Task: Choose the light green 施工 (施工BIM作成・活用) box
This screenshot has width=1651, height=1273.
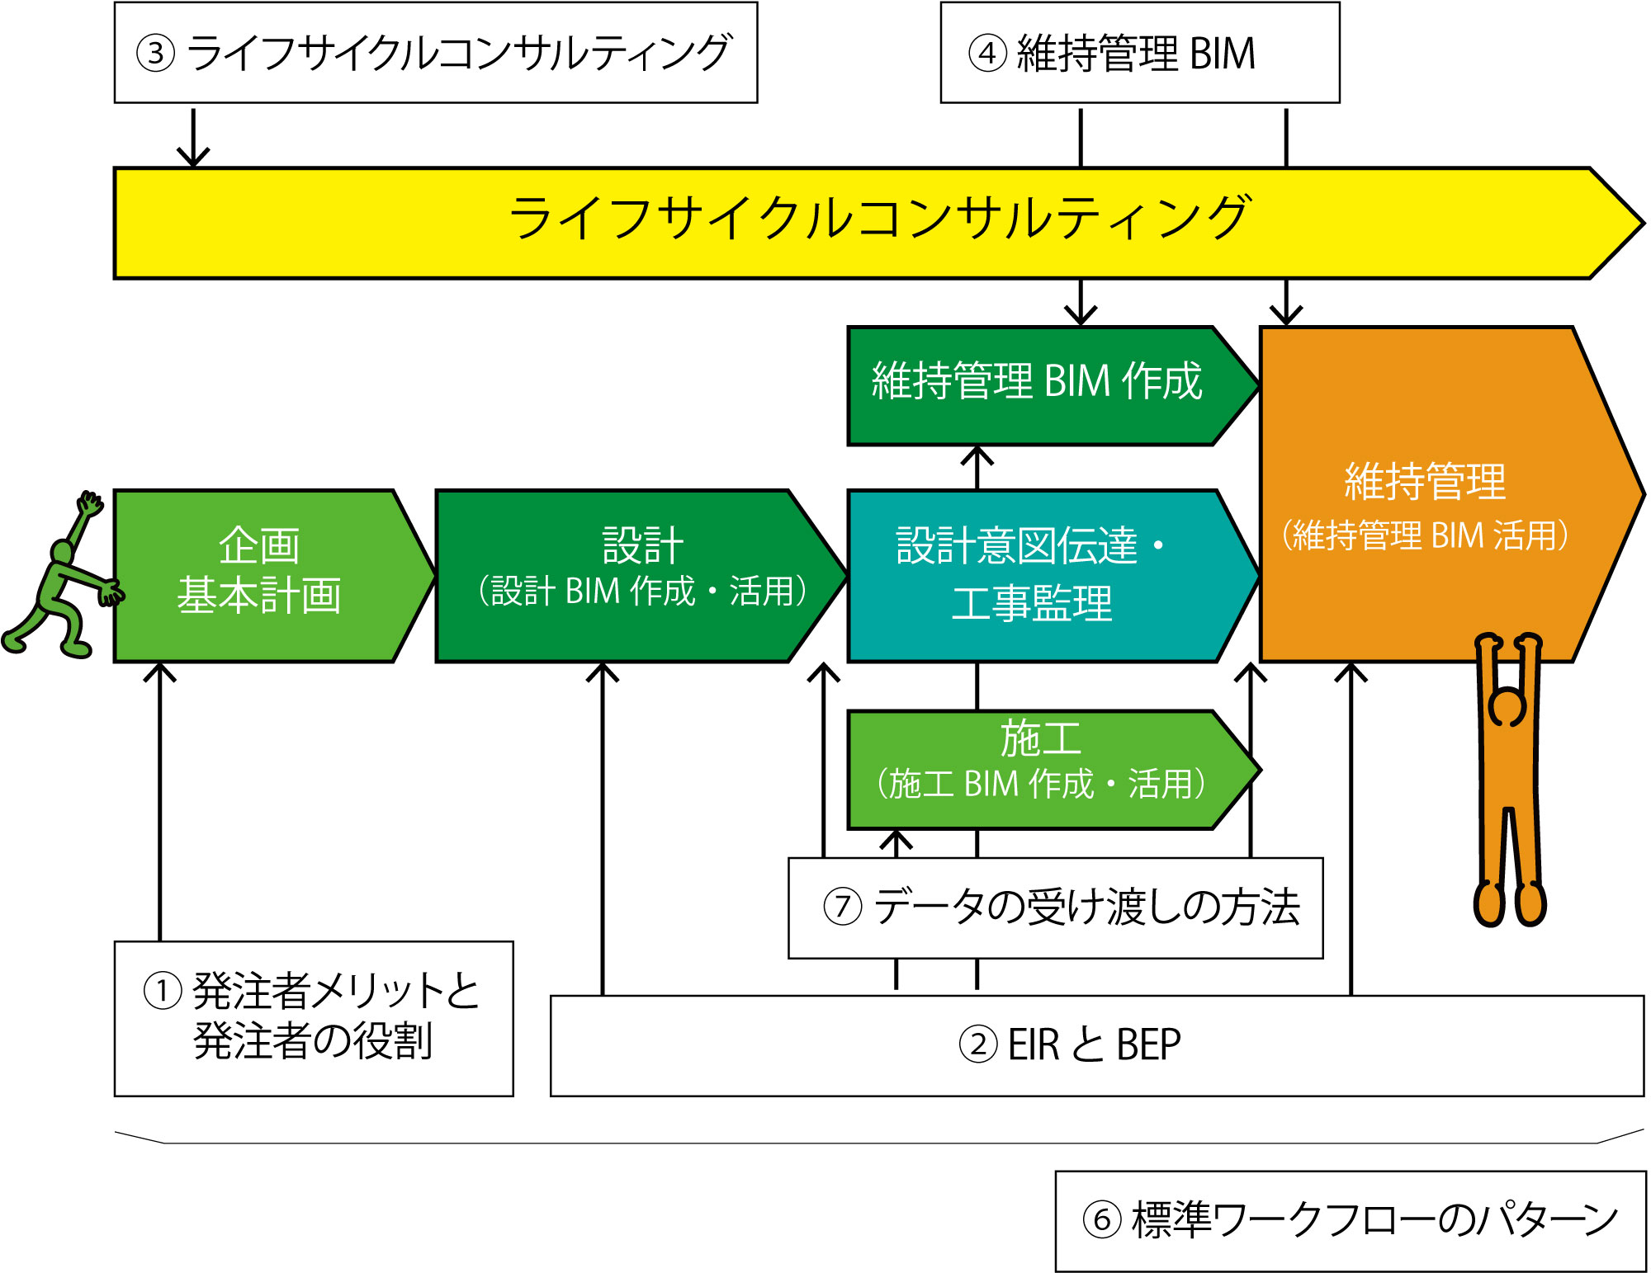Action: pyautogui.click(x=1040, y=769)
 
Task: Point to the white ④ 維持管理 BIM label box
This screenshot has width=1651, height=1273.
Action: pyautogui.click(x=1139, y=53)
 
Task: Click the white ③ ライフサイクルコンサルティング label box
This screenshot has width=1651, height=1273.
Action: pyautogui.click(x=435, y=53)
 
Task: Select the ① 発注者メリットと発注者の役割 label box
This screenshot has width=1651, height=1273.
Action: pyautogui.click(x=314, y=1018)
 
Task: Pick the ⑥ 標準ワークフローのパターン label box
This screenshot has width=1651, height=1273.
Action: pyautogui.click(x=1350, y=1220)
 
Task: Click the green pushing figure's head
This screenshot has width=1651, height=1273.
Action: pyautogui.click(x=63, y=550)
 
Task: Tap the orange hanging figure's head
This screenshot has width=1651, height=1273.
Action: pyautogui.click(x=1507, y=708)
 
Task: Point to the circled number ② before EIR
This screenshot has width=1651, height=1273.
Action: pyautogui.click(x=978, y=1045)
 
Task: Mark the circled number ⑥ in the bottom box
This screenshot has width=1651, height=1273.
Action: pyautogui.click(x=1101, y=1220)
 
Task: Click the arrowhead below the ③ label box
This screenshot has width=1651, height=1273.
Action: pyautogui.click(x=193, y=157)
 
